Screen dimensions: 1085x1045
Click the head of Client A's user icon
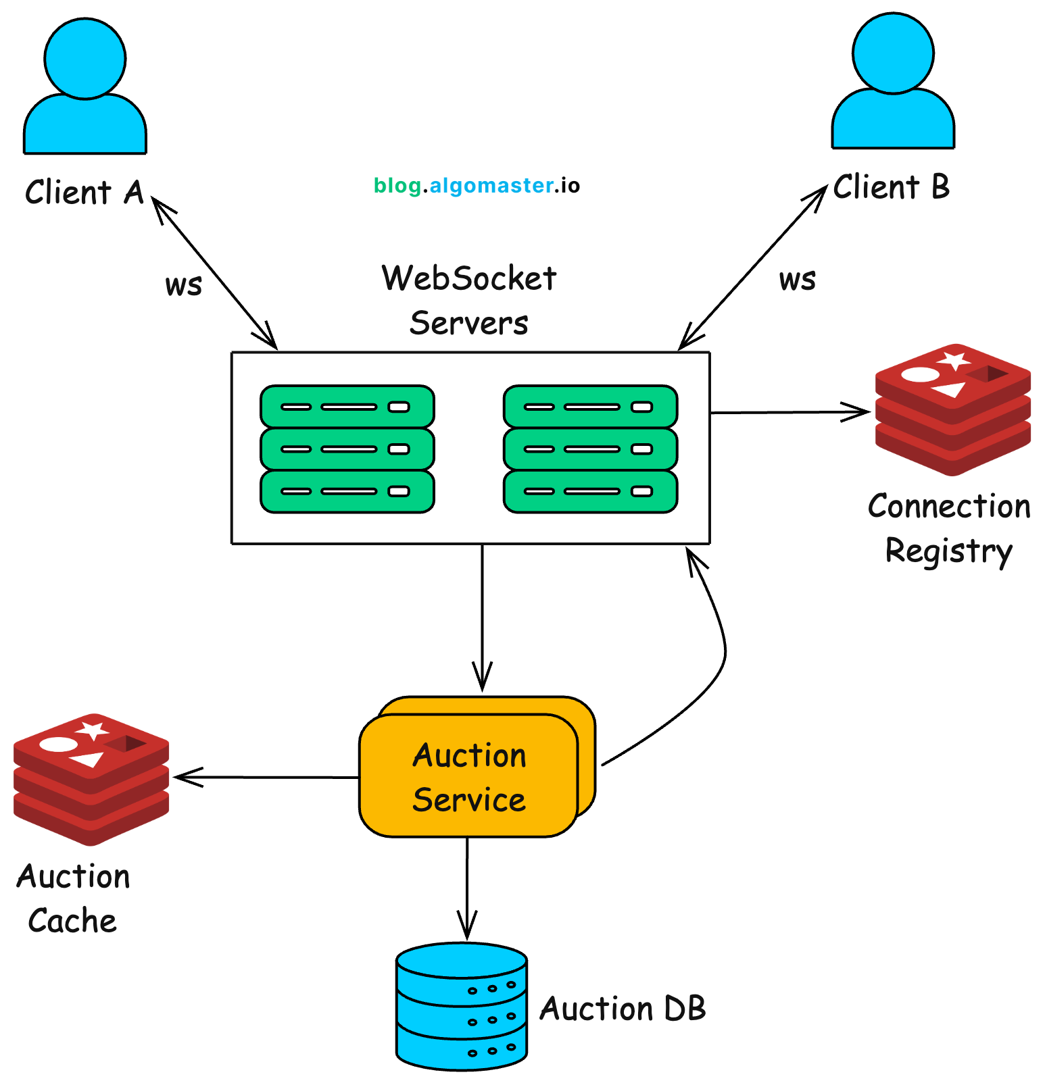pyautogui.click(x=85, y=59)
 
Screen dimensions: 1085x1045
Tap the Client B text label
pyautogui.click(x=891, y=187)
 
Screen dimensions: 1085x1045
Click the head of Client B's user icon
pyautogui.click(x=893, y=53)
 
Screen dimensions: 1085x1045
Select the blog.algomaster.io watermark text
pyautogui.click(x=477, y=186)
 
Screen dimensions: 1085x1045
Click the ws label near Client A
pyautogui.click(x=183, y=285)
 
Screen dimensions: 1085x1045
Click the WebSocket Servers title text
pyautogui.click(x=469, y=300)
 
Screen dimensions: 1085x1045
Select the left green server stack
pyautogui.click(x=347, y=449)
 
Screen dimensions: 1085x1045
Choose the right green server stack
pyautogui.click(x=590, y=449)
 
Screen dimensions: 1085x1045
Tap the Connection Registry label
pyautogui.click(x=949, y=528)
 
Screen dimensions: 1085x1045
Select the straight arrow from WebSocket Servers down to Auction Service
pyautogui.click(x=482, y=615)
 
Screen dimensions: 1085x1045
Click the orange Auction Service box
pyautogui.click(x=468, y=777)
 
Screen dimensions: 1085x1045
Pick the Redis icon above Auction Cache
pyautogui.click(x=91, y=779)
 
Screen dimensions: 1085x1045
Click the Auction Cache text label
pyautogui.click(x=73, y=899)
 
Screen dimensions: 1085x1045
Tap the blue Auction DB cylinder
pyautogui.click(x=462, y=1007)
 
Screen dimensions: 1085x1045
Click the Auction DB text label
pyautogui.click(x=623, y=1009)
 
